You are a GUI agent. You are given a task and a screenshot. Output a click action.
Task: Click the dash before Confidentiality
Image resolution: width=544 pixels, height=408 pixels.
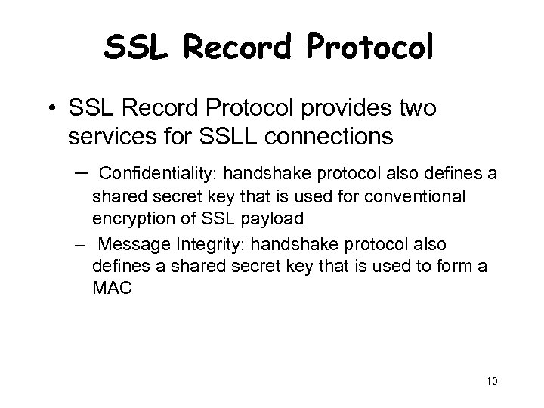pos(82,173)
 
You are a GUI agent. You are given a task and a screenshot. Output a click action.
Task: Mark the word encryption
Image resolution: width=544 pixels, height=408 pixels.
pos(129,220)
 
